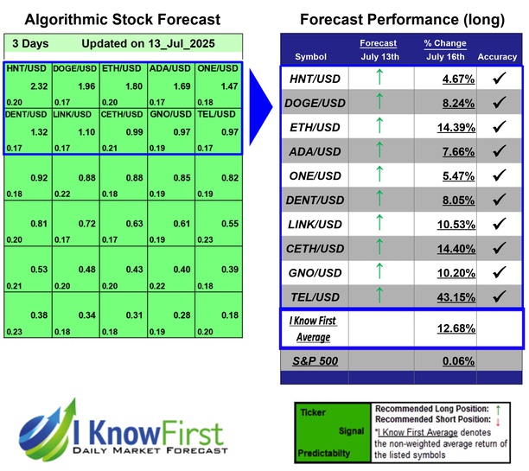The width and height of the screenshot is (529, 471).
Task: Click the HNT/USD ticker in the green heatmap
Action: (x=22, y=67)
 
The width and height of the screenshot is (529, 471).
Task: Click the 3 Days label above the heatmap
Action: (x=31, y=43)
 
